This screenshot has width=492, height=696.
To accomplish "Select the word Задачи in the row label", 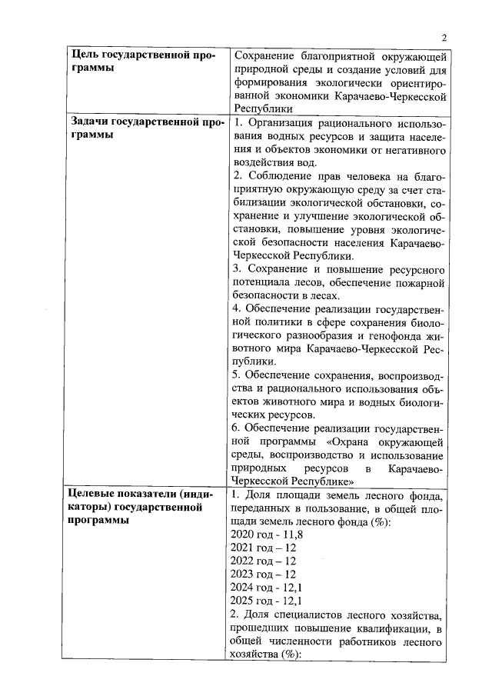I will (x=90, y=122).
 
